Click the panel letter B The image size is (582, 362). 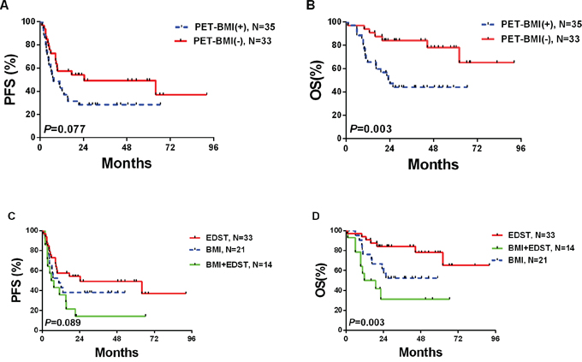tap(300, 7)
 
